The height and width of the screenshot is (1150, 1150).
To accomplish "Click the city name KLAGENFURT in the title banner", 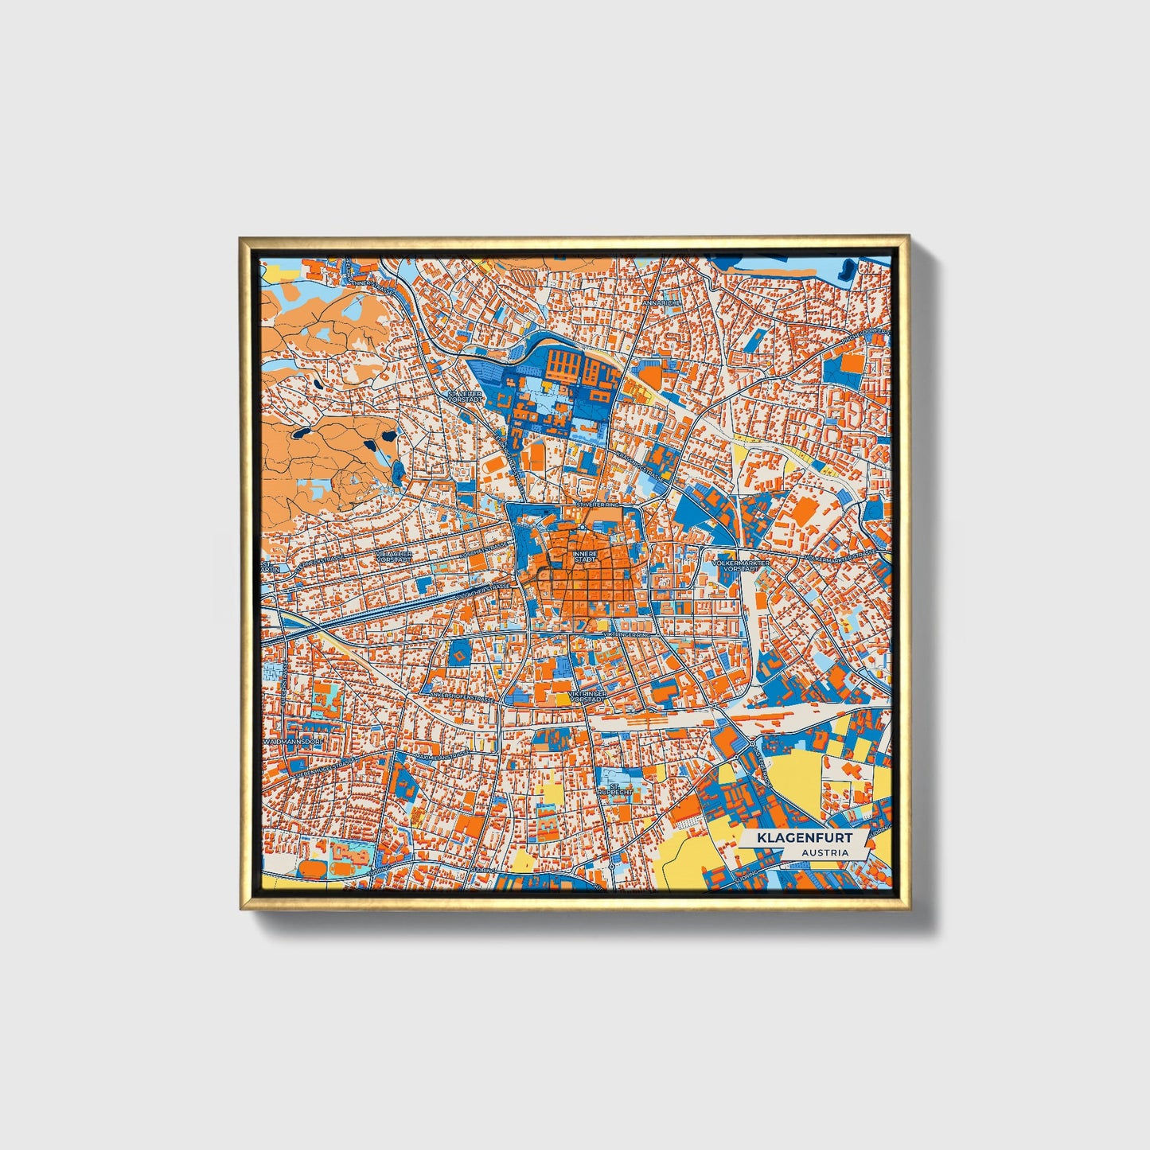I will (x=805, y=838).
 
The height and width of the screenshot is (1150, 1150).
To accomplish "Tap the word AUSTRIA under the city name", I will (x=824, y=853).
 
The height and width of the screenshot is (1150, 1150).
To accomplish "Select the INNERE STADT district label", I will (x=584, y=557).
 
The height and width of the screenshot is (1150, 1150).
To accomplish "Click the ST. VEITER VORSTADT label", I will (x=466, y=396).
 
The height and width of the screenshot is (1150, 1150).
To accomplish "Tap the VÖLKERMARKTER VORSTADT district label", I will (x=743, y=566).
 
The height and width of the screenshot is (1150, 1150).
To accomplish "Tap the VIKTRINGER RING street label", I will (x=629, y=634).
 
